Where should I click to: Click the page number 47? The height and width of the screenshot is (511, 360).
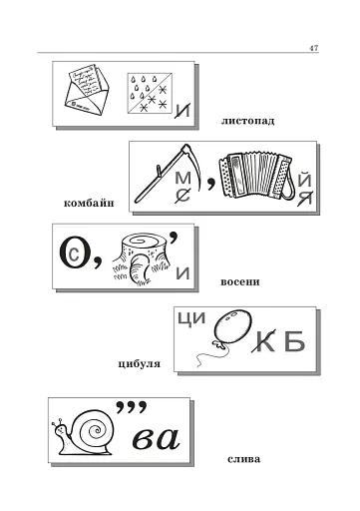[x=314, y=48]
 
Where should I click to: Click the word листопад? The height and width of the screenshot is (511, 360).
[x=247, y=121]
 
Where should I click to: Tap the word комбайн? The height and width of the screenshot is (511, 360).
[x=89, y=203]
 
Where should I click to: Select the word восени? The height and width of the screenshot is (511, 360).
[x=240, y=282]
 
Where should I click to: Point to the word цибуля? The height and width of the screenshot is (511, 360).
[x=140, y=364]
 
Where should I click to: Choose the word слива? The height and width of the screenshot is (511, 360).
[x=244, y=459]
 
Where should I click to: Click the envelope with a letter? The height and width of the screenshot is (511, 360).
[x=86, y=89]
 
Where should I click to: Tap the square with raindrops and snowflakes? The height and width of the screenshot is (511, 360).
[x=150, y=93]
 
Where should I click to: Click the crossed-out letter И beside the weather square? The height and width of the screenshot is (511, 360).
[x=182, y=111]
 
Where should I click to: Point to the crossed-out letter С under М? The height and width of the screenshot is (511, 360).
[x=182, y=195]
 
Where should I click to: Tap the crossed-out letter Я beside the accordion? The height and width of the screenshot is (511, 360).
[x=305, y=198]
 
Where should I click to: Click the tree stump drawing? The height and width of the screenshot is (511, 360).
[x=141, y=259]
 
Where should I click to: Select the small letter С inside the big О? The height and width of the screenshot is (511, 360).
[x=74, y=255]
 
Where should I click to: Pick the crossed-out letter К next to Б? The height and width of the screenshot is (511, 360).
[x=265, y=341]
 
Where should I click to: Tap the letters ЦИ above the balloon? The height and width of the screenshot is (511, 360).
[x=191, y=318]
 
